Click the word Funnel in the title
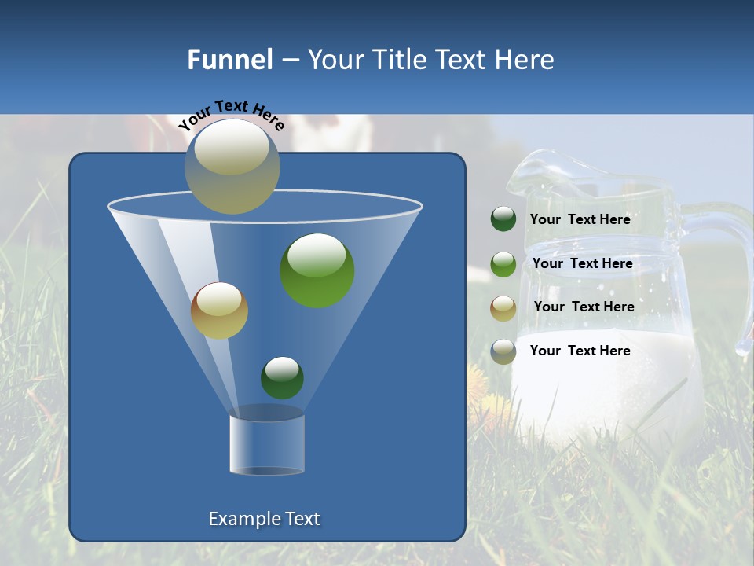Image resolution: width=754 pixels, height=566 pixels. point(229,60)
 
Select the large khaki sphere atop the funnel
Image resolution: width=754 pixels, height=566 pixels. point(232,166)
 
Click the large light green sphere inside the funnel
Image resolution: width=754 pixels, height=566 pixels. point(317,270)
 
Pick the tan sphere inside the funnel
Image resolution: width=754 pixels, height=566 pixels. point(219,311)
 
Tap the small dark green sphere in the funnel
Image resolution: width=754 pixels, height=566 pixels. point(282,377)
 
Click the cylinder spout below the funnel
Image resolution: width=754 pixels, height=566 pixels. point(267,444)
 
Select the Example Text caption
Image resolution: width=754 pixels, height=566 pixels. point(265,519)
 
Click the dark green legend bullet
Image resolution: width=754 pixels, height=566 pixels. point(503,219)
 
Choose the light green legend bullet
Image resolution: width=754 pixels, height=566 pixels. point(503,264)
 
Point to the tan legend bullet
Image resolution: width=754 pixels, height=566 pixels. point(503,307)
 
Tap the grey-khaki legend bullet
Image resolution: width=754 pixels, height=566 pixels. point(503,351)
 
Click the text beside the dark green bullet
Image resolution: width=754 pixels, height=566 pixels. point(580,220)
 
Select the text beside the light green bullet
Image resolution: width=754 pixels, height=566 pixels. point(583,264)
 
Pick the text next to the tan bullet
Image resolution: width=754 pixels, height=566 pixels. point(584,307)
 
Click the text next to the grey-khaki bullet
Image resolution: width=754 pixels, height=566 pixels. point(580,351)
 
